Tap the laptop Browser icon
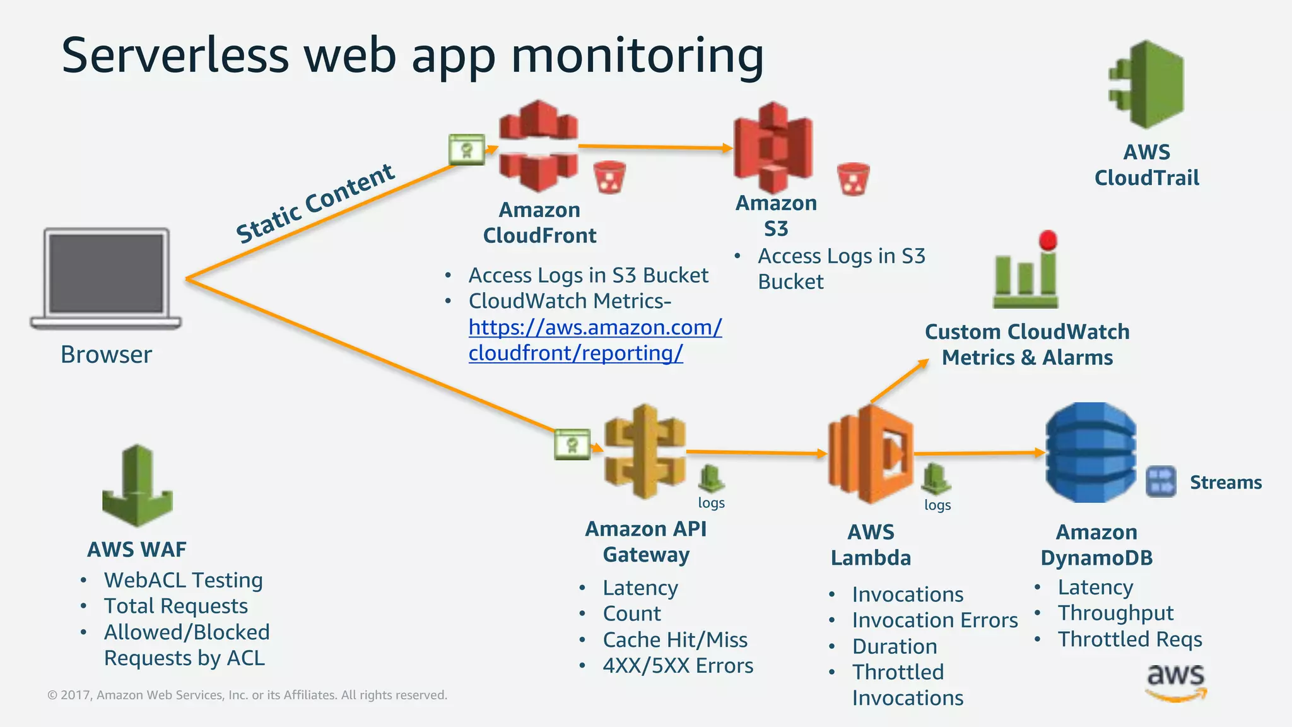pyautogui.click(x=106, y=278)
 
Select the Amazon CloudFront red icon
pyautogui.click(x=538, y=146)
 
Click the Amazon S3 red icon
pyautogui.click(x=773, y=148)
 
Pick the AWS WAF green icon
pyautogui.click(x=137, y=486)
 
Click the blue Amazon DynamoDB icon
pyautogui.click(x=1091, y=452)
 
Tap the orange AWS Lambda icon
pyautogui.click(x=871, y=454)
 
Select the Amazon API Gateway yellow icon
pyautogui.click(x=645, y=451)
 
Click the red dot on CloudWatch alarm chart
pyautogui.click(x=1048, y=240)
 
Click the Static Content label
pyautogui.click(x=315, y=203)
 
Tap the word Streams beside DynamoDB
pyautogui.click(x=1225, y=483)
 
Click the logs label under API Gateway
pyautogui.click(x=711, y=503)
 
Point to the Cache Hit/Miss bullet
pyautogui.click(x=675, y=640)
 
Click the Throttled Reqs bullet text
pyautogui.click(x=1130, y=639)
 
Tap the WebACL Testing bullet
pyautogui.click(x=183, y=580)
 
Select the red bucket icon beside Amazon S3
pyautogui.click(x=853, y=179)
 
